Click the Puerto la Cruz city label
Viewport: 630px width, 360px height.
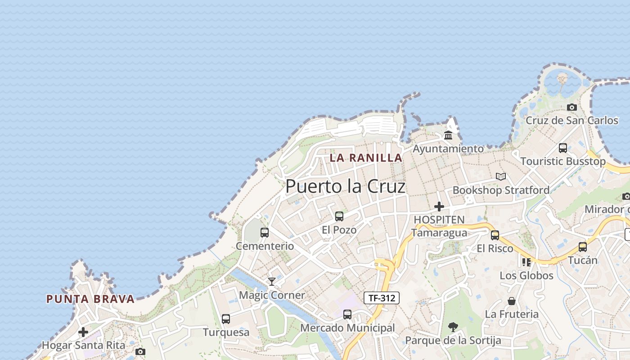coord(345,186)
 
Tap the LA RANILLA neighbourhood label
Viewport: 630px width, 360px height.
coord(366,157)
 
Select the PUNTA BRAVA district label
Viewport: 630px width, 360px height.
coord(90,299)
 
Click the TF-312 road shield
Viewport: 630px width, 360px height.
coord(381,297)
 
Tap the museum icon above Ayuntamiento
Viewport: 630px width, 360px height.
coord(448,135)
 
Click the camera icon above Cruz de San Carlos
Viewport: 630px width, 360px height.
coord(572,107)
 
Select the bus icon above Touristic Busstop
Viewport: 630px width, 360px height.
coord(562,148)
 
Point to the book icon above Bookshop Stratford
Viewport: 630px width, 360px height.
coord(501,176)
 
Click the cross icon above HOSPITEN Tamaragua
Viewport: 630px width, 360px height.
coord(439,207)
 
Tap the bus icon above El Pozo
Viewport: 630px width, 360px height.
coord(339,216)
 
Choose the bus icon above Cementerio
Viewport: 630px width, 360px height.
coord(265,233)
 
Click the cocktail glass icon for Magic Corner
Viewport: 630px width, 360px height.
coord(272,282)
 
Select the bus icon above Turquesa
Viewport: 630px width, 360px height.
coord(226,319)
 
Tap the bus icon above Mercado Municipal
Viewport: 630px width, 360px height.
coord(347,315)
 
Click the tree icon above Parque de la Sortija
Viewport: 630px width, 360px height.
coord(453,327)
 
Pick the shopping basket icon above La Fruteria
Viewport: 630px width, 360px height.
coord(512,301)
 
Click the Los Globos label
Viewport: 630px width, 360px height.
coord(526,275)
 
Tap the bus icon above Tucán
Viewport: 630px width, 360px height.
coord(583,247)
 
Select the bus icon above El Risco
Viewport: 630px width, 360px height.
coord(495,235)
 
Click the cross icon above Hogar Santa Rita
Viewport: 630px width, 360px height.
coord(83,332)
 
